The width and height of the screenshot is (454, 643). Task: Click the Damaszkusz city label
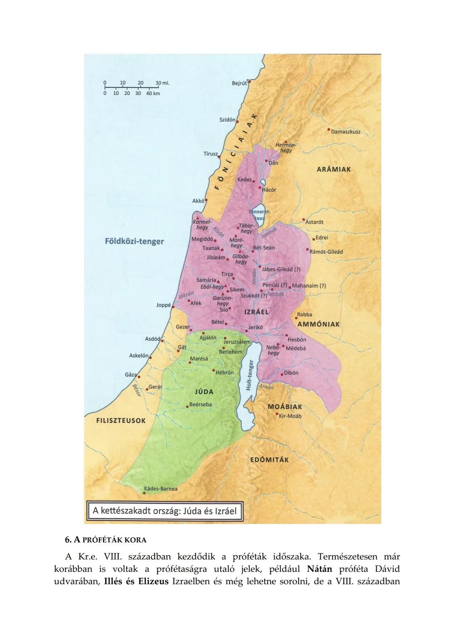346,132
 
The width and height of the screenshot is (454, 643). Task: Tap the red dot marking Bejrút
248,82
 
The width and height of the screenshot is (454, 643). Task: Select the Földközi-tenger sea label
134,241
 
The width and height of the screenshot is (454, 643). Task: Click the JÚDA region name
204,392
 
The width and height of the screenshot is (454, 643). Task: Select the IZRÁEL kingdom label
256,312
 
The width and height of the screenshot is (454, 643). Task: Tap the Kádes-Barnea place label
161,489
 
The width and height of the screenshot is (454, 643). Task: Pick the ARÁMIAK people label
333,169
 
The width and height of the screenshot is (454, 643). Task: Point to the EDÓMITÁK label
269,460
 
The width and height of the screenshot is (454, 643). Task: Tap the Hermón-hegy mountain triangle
286,142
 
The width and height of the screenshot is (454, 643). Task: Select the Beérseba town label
201,404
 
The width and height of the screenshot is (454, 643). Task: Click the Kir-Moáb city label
290,416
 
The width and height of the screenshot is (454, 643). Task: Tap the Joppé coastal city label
163,305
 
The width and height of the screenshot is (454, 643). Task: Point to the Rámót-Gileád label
326,252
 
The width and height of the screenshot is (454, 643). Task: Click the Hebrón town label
224,372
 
